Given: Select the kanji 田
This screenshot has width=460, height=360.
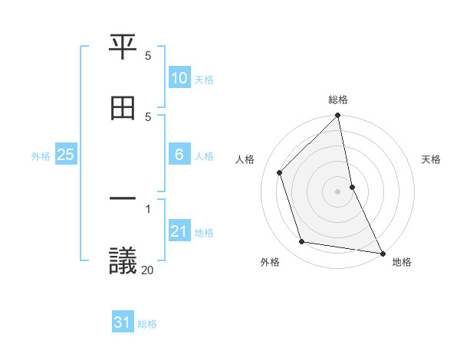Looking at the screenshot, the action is pos(123,108).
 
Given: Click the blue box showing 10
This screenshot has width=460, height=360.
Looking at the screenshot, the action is pos(179,78).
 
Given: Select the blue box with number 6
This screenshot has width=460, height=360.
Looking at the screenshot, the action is pos(179,155).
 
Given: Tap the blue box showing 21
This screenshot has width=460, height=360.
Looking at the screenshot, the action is pos(179,231).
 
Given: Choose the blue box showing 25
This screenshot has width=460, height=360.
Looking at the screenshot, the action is pos(65,155).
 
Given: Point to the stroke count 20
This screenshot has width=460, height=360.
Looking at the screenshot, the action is pos(147,269).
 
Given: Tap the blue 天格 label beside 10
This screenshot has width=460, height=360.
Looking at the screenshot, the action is pos(204,80).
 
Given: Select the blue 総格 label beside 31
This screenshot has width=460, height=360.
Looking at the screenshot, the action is pos(147,324).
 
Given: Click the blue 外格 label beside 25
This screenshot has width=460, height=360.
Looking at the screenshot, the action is pos(41,156).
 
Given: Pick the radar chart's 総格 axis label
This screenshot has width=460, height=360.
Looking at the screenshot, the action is pos(338,100).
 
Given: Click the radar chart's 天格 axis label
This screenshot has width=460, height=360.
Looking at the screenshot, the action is pos(432,160).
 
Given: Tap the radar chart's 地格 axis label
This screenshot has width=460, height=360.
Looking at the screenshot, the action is pos(402,263).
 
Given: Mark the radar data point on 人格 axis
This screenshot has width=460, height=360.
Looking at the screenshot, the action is pos(280,172).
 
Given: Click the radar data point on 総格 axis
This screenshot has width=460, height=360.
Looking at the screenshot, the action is pos(338,116).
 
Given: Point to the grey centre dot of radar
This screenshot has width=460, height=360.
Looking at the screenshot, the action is pos(338,191).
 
